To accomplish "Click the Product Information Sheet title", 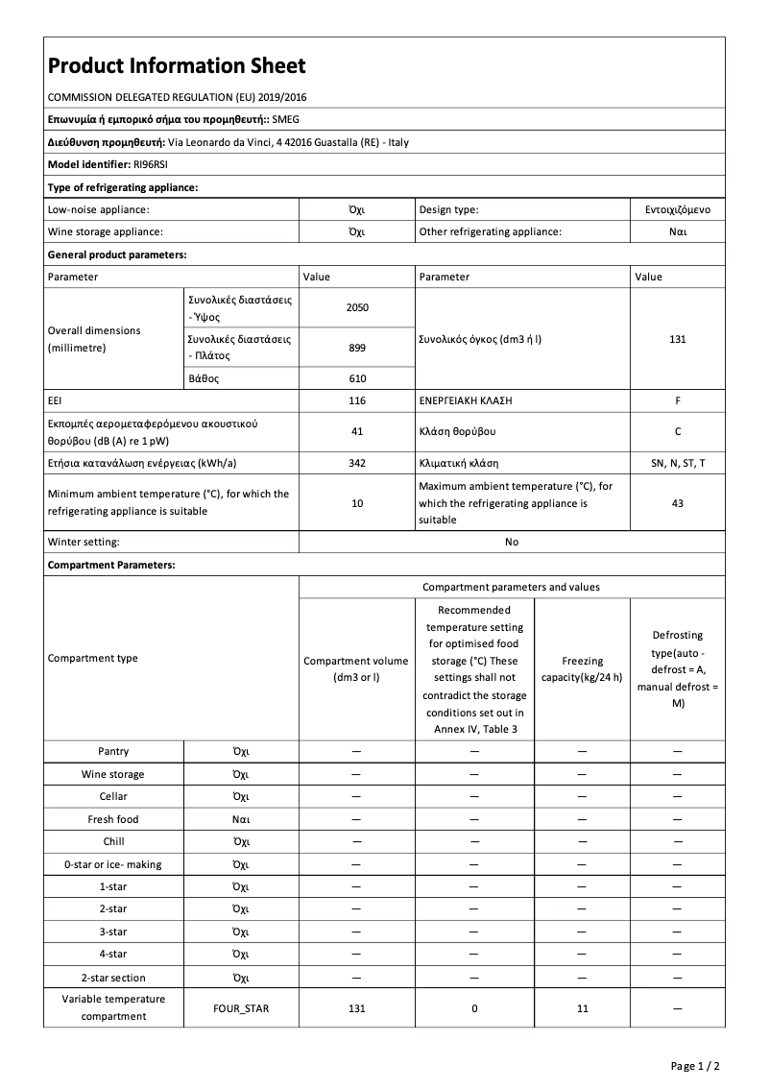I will click(177, 65).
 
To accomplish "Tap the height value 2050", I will click(357, 307).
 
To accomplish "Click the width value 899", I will click(357, 347).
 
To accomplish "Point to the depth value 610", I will click(357, 378).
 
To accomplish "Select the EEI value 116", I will click(357, 399).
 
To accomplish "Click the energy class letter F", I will click(677, 399).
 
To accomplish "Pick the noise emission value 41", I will click(357, 431).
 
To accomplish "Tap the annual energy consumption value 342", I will click(357, 463).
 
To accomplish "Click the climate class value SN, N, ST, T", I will click(677, 463).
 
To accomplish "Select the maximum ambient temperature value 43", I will click(677, 502).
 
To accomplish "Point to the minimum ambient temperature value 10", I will click(357, 502).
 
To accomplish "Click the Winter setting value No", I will click(512, 542).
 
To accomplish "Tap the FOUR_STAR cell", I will click(241, 1008).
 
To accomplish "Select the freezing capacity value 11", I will click(582, 1008).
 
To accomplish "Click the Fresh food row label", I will click(113, 819).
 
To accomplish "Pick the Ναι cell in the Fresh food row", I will click(241, 819).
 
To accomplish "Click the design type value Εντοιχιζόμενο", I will click(677, 208).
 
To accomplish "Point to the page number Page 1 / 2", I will click(695, 1066).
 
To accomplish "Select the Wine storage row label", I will click(113, 774).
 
